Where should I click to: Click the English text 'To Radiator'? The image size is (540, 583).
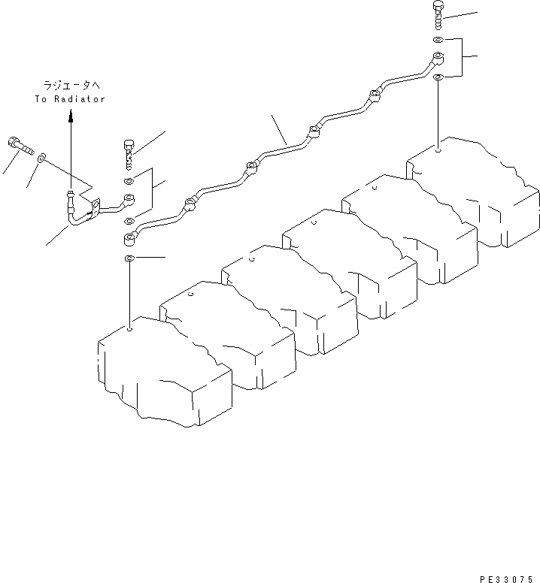point(70,99)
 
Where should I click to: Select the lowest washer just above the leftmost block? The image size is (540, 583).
point(129,259)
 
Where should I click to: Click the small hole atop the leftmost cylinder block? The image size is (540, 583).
point(129,328)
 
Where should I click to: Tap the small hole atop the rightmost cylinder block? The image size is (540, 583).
point(438,150)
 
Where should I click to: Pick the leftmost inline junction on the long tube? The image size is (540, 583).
point(189,201)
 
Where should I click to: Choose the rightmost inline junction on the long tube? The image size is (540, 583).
point(374,95)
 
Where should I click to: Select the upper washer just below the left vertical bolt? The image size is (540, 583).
point(129,181)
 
